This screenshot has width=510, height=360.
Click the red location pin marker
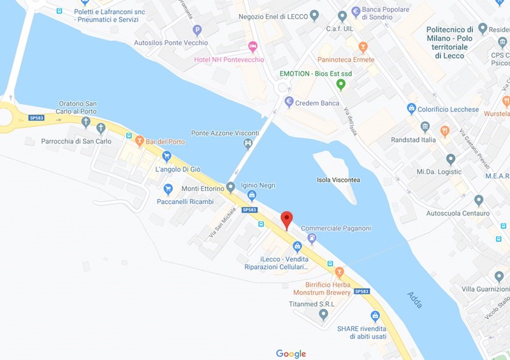287,219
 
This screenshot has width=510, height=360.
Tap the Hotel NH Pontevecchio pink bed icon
252,46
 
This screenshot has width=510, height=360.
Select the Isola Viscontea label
338,180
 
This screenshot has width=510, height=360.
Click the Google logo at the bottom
291,354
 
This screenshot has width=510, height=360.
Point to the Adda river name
415,299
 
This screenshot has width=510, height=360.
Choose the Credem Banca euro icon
289,101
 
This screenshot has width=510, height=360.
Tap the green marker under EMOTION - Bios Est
341,83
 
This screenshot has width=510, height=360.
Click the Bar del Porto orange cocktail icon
140,140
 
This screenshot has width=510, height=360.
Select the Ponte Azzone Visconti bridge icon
248,143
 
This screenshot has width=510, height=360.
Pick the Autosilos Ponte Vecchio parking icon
197,29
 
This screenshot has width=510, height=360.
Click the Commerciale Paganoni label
335,228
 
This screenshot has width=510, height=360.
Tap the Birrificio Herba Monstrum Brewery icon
340,271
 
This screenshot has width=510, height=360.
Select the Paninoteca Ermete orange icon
363,47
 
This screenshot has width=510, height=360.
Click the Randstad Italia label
413,140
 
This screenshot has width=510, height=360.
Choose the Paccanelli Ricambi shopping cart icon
168,189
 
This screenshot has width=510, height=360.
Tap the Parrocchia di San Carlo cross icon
101,129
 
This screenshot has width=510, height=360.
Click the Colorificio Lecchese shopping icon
412,109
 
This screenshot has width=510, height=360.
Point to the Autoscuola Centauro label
458,213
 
